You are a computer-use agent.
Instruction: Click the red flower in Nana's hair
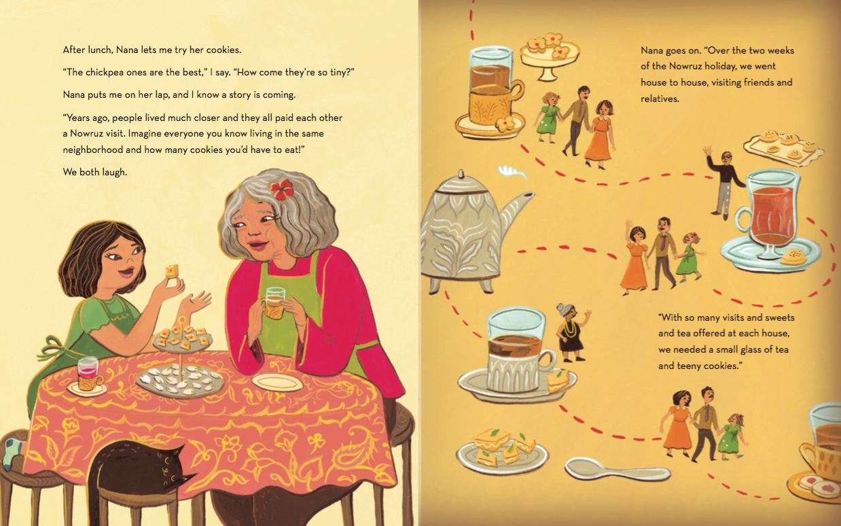tap(282, 189)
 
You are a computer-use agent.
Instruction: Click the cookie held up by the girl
tap(171, 272)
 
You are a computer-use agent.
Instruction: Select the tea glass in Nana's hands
tap(275, 303)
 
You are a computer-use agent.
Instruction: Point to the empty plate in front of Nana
tap(277, 383)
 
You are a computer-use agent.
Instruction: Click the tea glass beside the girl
tap(88, 374)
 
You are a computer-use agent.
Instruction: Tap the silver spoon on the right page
tap(618, 470)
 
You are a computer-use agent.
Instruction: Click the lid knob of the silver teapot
tap(461, 175)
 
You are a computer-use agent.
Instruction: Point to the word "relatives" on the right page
tap(660, 99)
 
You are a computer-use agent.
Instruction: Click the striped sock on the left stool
tap(13, 453)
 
